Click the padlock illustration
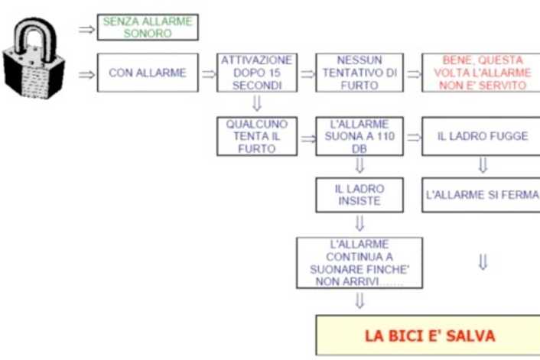click(x=34, y=59)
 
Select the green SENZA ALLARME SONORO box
click(x=148, y=28)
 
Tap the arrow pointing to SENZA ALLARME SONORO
click(x=86, y=29)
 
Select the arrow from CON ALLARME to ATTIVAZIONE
click(x=208, y=74)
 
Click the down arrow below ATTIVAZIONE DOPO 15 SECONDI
click(x=257, y=103)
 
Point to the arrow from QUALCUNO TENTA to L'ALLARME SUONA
click(x=308, y=138)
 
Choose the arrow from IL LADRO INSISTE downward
click(x=359, y=223)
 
